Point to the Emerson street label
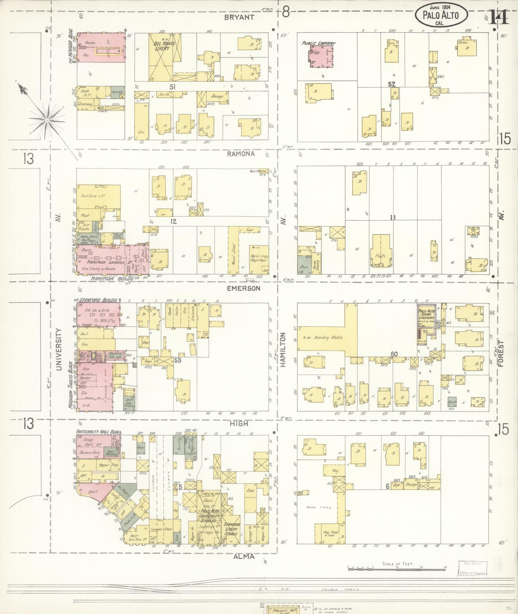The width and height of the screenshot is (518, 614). (x=243, y=288)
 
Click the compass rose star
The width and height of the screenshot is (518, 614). (x=47, y=120)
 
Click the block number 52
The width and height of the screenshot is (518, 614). (x=391, y=84)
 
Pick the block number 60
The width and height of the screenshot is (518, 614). (x=394, y=354)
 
